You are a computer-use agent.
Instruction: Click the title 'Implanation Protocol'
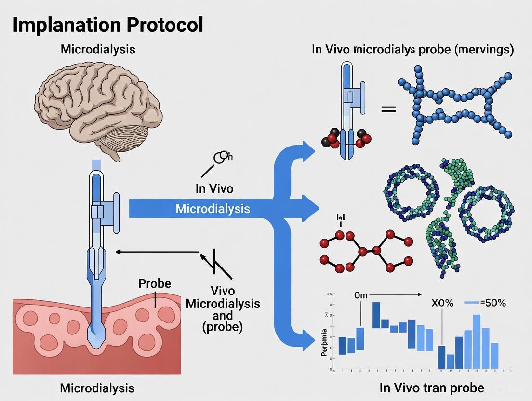[x=107, y=25]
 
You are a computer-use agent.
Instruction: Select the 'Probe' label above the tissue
[x=154, y=283]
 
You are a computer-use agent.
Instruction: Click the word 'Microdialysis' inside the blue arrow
[x=213, y=209]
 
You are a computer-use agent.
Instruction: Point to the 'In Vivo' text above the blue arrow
[x=214, y=188]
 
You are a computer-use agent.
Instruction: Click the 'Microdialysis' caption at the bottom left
[x=97, y=388]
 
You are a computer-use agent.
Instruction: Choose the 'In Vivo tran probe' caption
[x=431, y=388]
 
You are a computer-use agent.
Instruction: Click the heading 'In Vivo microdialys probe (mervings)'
[x=412, y=49]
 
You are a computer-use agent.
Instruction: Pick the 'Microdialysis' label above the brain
[x=97, y=49]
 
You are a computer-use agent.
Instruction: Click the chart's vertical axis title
[x=324, y=342]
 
